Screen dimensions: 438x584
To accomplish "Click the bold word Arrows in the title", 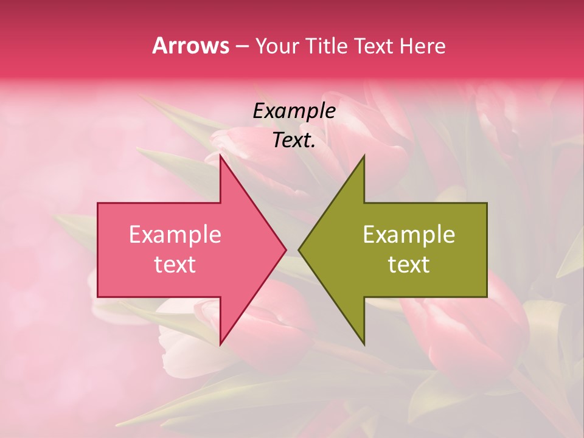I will [190, 46].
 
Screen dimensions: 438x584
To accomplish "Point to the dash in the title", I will [242, 47].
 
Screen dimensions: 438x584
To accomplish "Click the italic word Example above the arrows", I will [294, 111].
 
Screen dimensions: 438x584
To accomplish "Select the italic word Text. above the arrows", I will [294, 140].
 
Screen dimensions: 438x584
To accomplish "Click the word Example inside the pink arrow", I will [175, 235].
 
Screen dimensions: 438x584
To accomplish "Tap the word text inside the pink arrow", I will [175, 265].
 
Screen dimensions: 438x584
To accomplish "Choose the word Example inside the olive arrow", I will [409, 235].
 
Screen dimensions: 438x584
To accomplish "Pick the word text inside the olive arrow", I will [409, 265].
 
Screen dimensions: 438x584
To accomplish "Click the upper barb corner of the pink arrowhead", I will [220, 156].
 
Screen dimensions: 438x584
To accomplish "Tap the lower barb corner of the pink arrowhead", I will [220, 344].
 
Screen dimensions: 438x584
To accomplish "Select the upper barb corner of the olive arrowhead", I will [364, 156].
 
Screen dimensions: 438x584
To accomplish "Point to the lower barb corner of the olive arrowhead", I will [364, 344].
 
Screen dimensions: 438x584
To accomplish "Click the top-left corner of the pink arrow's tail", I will [98, 203].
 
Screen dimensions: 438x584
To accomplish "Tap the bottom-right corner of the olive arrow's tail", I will [487, 297].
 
